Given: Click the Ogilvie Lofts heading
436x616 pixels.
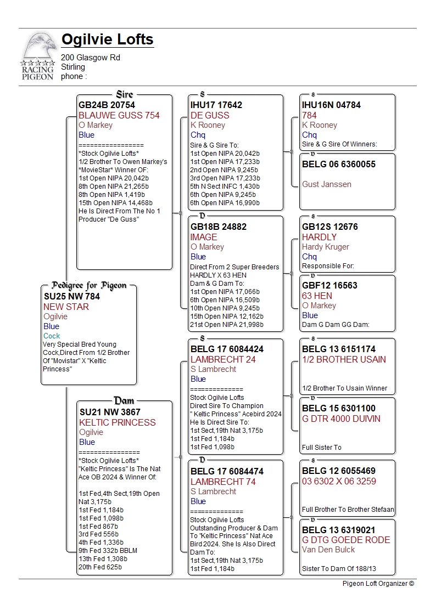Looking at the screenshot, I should click(107, 40).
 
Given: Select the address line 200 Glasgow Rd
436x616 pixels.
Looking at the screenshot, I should click(91, 58).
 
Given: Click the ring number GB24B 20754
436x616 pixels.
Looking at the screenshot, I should click(107, 105).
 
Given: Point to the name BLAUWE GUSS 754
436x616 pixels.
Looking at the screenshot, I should click(119, 115).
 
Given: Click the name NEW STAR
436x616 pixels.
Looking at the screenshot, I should click(66, 307).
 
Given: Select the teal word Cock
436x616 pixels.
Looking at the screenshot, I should click(52, 336).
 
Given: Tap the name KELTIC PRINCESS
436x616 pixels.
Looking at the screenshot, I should click(118, 422).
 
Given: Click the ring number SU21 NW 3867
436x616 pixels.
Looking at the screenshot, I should click(110, 412).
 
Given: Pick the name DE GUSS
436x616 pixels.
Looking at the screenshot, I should click(210, 115).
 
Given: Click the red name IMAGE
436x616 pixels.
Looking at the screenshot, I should click(204, 237).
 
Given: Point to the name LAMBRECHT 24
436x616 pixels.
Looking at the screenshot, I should click(223, 359).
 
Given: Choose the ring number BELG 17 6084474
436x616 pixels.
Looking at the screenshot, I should click(227, 471).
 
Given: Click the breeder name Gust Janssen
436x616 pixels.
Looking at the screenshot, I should click(327, 184).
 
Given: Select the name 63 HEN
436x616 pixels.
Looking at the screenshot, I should click(317, 296).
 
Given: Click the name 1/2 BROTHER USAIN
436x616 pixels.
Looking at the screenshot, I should click(344, 359).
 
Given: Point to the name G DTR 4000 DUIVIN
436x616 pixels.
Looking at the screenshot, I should click(341, 419).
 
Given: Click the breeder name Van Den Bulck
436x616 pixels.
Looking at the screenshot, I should click(329, 550).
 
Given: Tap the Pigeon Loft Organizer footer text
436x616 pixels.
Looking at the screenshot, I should click(378, 584).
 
